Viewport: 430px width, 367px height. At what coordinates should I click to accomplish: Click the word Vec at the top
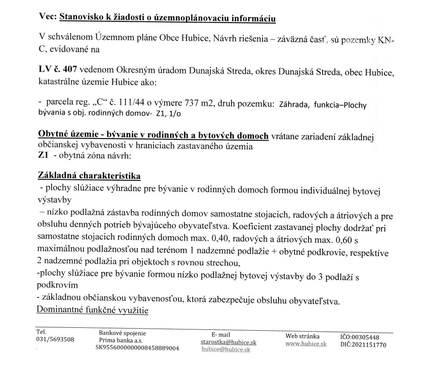[47, 18]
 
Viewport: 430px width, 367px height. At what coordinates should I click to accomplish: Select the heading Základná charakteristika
[89, 176]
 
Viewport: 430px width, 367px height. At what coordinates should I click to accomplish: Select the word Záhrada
[294, 105]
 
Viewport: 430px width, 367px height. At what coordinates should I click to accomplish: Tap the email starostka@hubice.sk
[228, 342]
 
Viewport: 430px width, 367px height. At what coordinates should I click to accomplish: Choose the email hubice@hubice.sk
[225, 349]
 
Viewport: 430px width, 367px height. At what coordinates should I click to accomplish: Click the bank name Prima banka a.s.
[121, 341]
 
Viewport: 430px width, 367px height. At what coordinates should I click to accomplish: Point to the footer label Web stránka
[302, 336]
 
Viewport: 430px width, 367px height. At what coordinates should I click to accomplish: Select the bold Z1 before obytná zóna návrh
[43, 155]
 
